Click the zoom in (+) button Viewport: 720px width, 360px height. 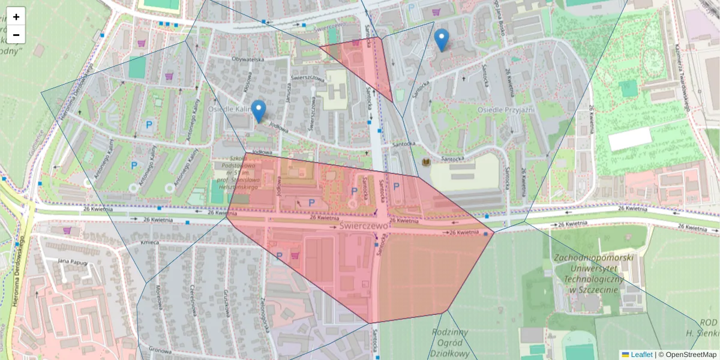pos(16,17)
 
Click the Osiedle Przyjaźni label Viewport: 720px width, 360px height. pos(505,110)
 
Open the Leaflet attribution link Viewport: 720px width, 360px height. pos(641,355)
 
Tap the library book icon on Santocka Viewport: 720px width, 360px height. pos(426,163)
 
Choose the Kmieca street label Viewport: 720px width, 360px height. pos(149,242)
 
